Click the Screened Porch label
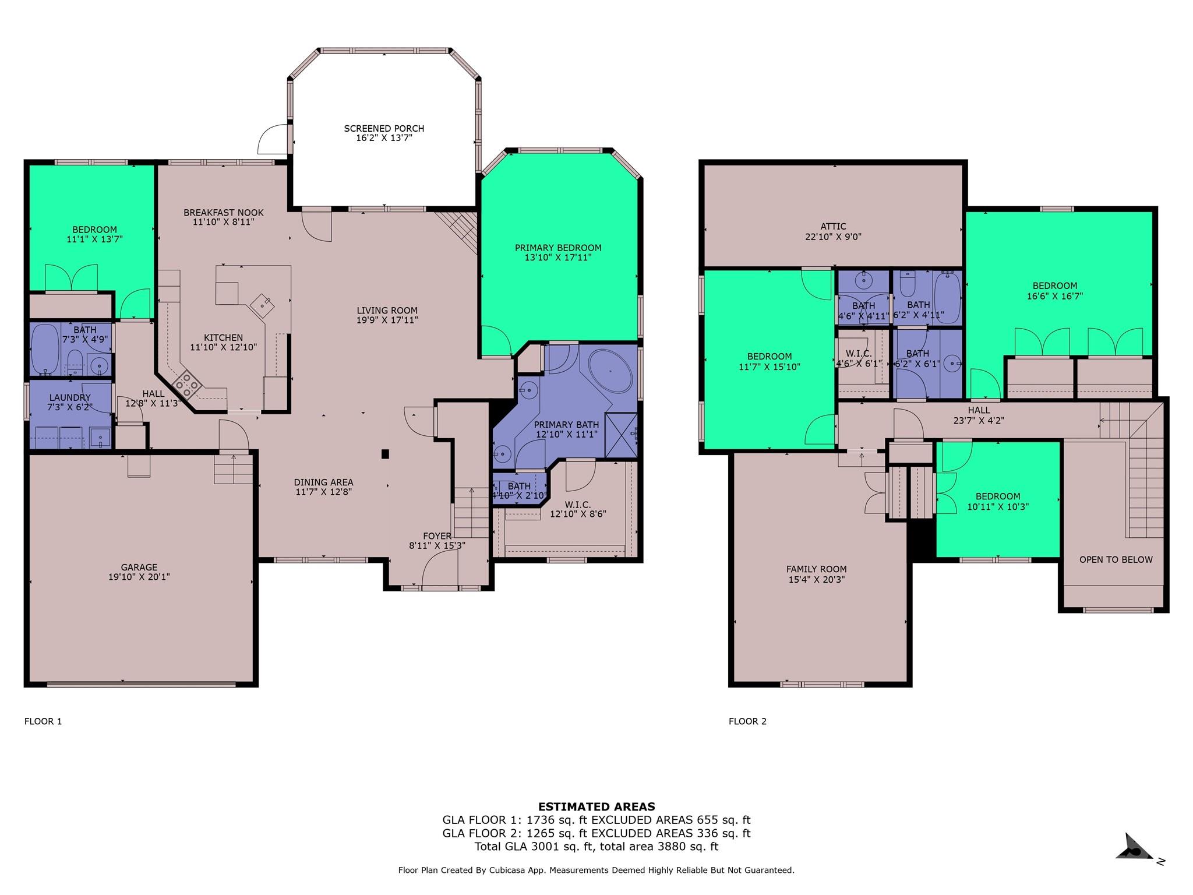point(384,129)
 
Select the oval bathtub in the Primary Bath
point(610,371)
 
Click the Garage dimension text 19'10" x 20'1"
point(139,577)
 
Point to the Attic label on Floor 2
point(833,227)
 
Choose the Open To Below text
point(1116,559)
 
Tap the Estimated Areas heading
point(596,806)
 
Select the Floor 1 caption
point(43,721)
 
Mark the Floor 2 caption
point(747,721)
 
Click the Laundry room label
point(70,397)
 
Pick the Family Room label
point(816,569)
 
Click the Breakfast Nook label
point(224,213)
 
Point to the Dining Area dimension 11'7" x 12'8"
point(323,492)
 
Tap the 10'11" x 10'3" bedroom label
point(998,506)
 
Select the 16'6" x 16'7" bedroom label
point(1054,295)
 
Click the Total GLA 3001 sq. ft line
point(596,847)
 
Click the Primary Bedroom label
point(558,248)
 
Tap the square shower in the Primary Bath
point(621,435)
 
